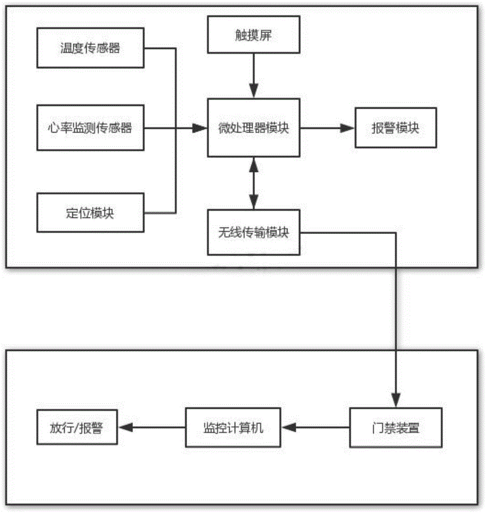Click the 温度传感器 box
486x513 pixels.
tap(90, 49)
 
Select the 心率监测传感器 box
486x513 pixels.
tap(90, 128)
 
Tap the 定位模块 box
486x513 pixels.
tap(90, 213)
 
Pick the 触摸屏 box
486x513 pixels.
tap(254, 34)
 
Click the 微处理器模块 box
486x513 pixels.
tap(254, 128)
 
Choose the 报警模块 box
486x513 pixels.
tap(395, 128)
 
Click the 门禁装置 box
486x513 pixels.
tap(395, 427)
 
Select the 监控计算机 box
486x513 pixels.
tap(233, 427)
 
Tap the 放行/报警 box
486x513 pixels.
tap(77, 427)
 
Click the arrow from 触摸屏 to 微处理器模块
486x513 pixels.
tap(254, 74)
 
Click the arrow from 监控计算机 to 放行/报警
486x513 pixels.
tap(151, 427)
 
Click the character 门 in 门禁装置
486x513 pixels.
tap(377, 427)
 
